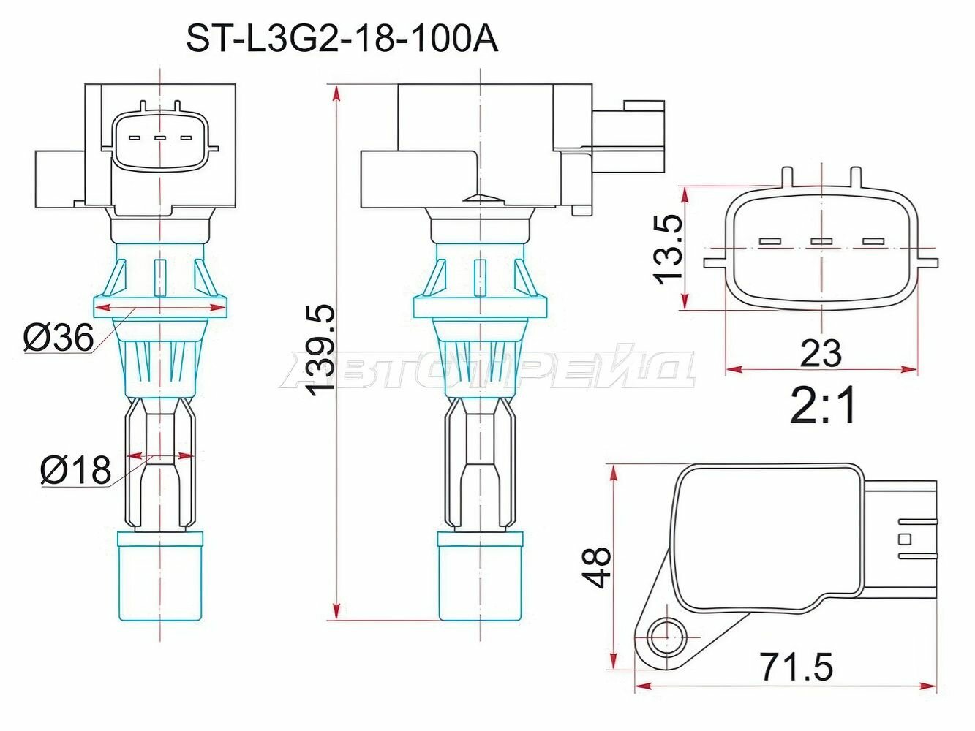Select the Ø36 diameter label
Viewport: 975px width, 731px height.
pyautogui.click(x=59, y=338)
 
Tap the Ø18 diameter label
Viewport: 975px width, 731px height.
pyautogui.click(x=76, y=470)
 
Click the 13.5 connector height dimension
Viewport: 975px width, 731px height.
pyautogui.click(x=668, y=249)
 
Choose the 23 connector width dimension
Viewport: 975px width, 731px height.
pyautogui.click(x=821, y=354)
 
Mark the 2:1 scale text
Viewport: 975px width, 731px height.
pyautogui.click(x=823, y=407)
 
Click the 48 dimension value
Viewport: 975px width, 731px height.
pyautogui.click(x=598, y=567)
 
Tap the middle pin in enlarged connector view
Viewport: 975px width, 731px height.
pyautogui.click(x=822, y=241)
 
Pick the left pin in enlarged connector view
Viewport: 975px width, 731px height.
pyautogui.click(x=771, y=241)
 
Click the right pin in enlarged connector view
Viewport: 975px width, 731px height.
pyautogui.click(x=873, y=241)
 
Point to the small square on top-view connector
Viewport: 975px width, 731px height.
pyautogui.click(x=906, y=539)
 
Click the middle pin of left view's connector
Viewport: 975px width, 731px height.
pyautogui.click(x=159, y=137)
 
